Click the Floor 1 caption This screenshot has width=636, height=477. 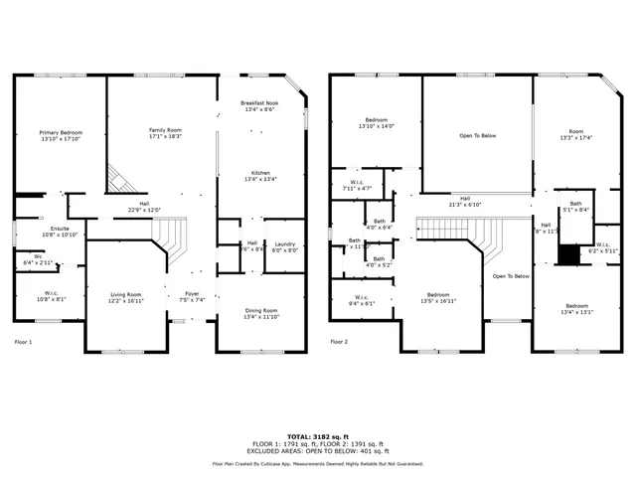pyautogui.click(x=23, y=342)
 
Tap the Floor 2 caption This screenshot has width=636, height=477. pyautogui.click(x=340, y=342)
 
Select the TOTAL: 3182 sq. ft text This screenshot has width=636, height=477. pyautogui.click(x=317, y=435)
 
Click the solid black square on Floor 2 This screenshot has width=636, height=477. pyautogui.click(x=567, y=255)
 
